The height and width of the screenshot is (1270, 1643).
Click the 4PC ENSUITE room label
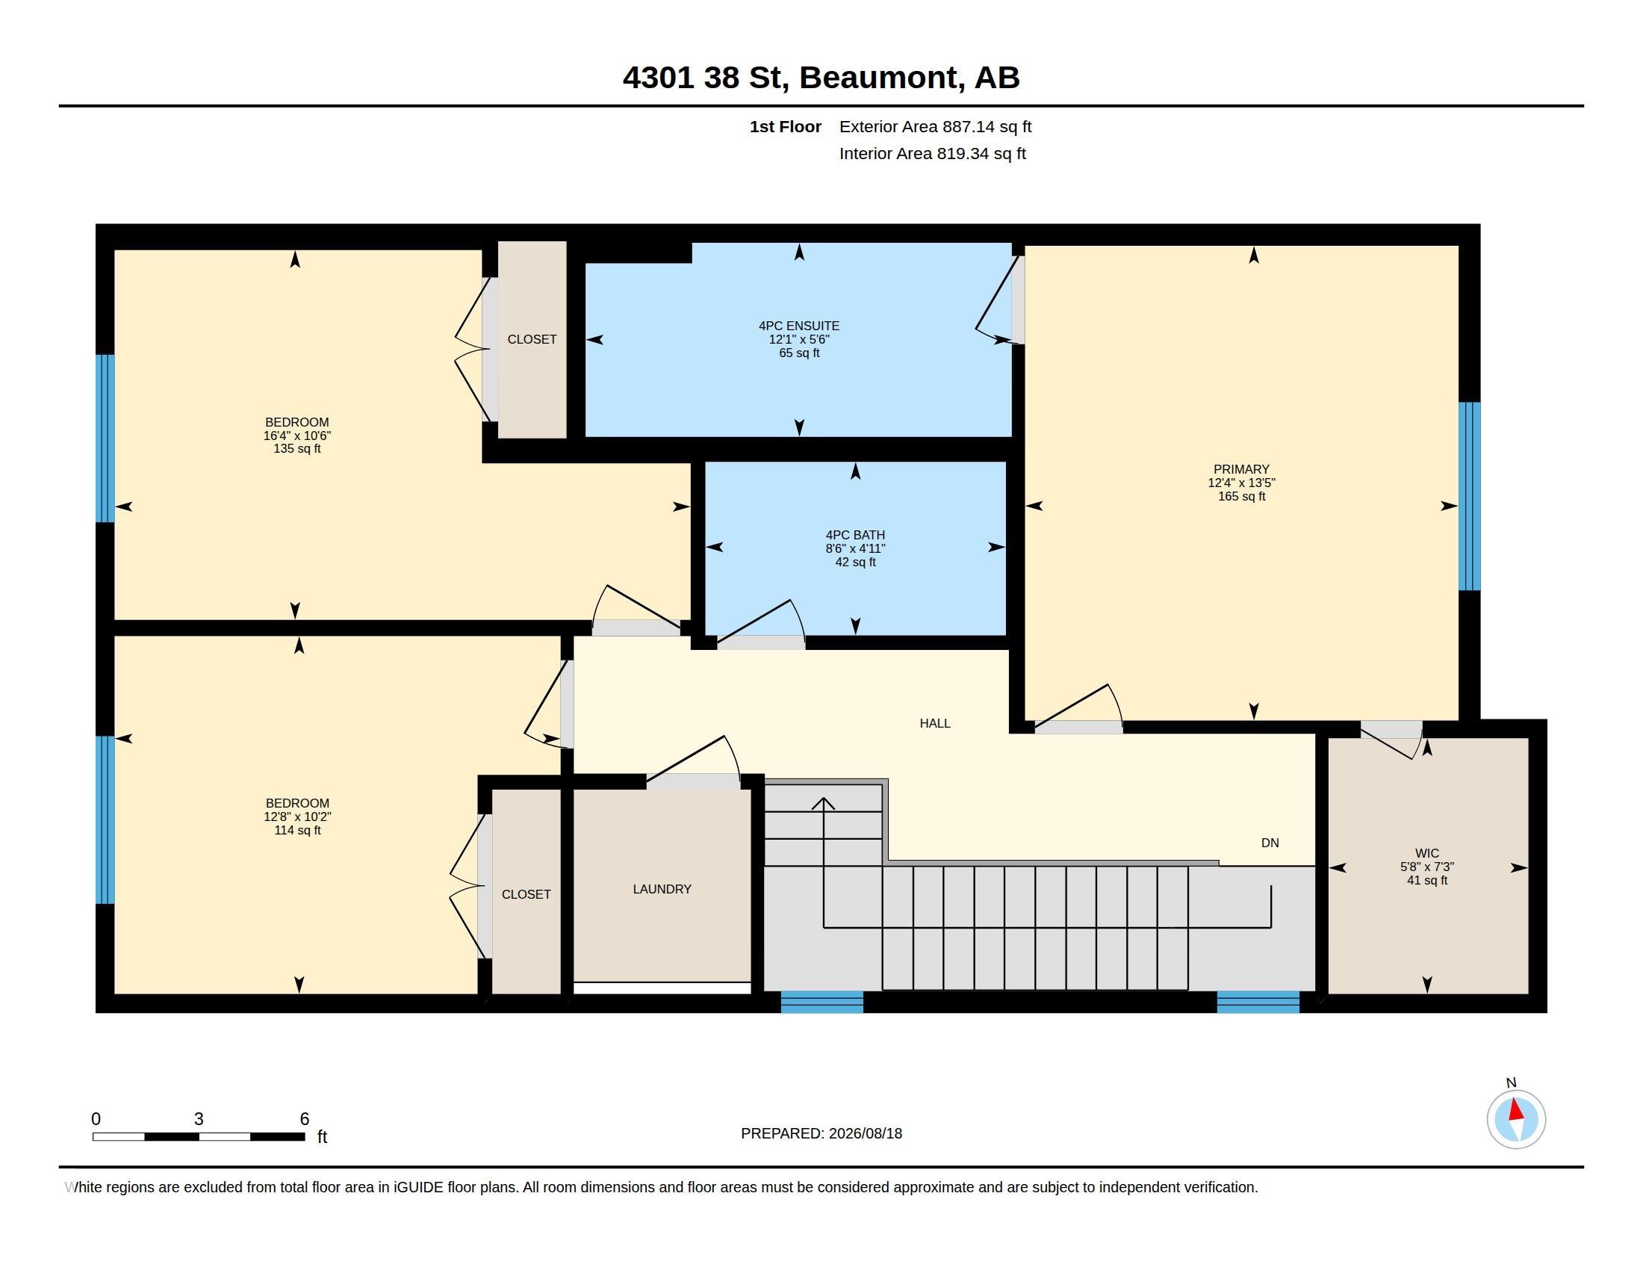tap(799, 326)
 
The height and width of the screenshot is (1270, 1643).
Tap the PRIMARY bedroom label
tap(1241, 468)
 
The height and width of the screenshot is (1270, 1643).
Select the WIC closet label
tap(1427, 853)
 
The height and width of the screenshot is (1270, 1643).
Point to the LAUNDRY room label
tap(662, 888)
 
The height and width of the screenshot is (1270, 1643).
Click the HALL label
tap(935, 723)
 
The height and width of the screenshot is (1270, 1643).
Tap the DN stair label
tap(1270, 843)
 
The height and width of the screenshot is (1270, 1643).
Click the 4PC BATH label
tap(855, 535)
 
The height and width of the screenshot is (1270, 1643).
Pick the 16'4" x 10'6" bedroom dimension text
tap(297, 436)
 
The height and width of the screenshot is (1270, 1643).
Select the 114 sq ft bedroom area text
tap(297, 830)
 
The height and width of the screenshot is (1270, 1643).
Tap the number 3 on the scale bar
tap(199, 1119)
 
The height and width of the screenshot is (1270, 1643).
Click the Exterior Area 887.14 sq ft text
tap(935, 126)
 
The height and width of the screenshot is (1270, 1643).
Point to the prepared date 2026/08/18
tap(865, 1133)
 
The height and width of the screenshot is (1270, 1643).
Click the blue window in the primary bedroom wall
tap(1469, 496)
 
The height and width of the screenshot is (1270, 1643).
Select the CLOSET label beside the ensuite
tap(532, 339)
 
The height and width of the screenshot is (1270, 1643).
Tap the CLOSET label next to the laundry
tap(526, 893)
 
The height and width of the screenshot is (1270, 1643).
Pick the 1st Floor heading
tap(786, 126)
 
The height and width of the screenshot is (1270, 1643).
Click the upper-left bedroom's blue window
tap(105, 438)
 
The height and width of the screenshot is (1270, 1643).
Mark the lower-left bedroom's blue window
tap(105, 820)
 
